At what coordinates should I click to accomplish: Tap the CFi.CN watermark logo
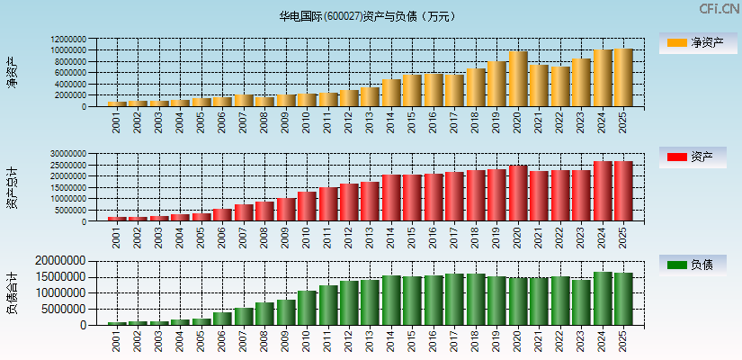(719, 9)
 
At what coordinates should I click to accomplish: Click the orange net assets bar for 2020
(518, 79)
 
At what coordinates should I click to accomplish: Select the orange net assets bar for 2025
(623, 77)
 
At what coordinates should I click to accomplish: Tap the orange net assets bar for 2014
(391, 93)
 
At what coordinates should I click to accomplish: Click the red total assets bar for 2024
(603, 192)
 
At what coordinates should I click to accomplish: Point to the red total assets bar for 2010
(307, 206)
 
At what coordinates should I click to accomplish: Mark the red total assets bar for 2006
(222, 215)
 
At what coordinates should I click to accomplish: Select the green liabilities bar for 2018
(476, 300)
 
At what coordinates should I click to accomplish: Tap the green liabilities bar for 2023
(581, 302)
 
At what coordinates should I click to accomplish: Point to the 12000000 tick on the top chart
(69, 40)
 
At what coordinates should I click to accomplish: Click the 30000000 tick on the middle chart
(69, 154)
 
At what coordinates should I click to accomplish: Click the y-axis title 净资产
(12, 72)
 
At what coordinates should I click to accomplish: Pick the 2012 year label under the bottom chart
(349, 341)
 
